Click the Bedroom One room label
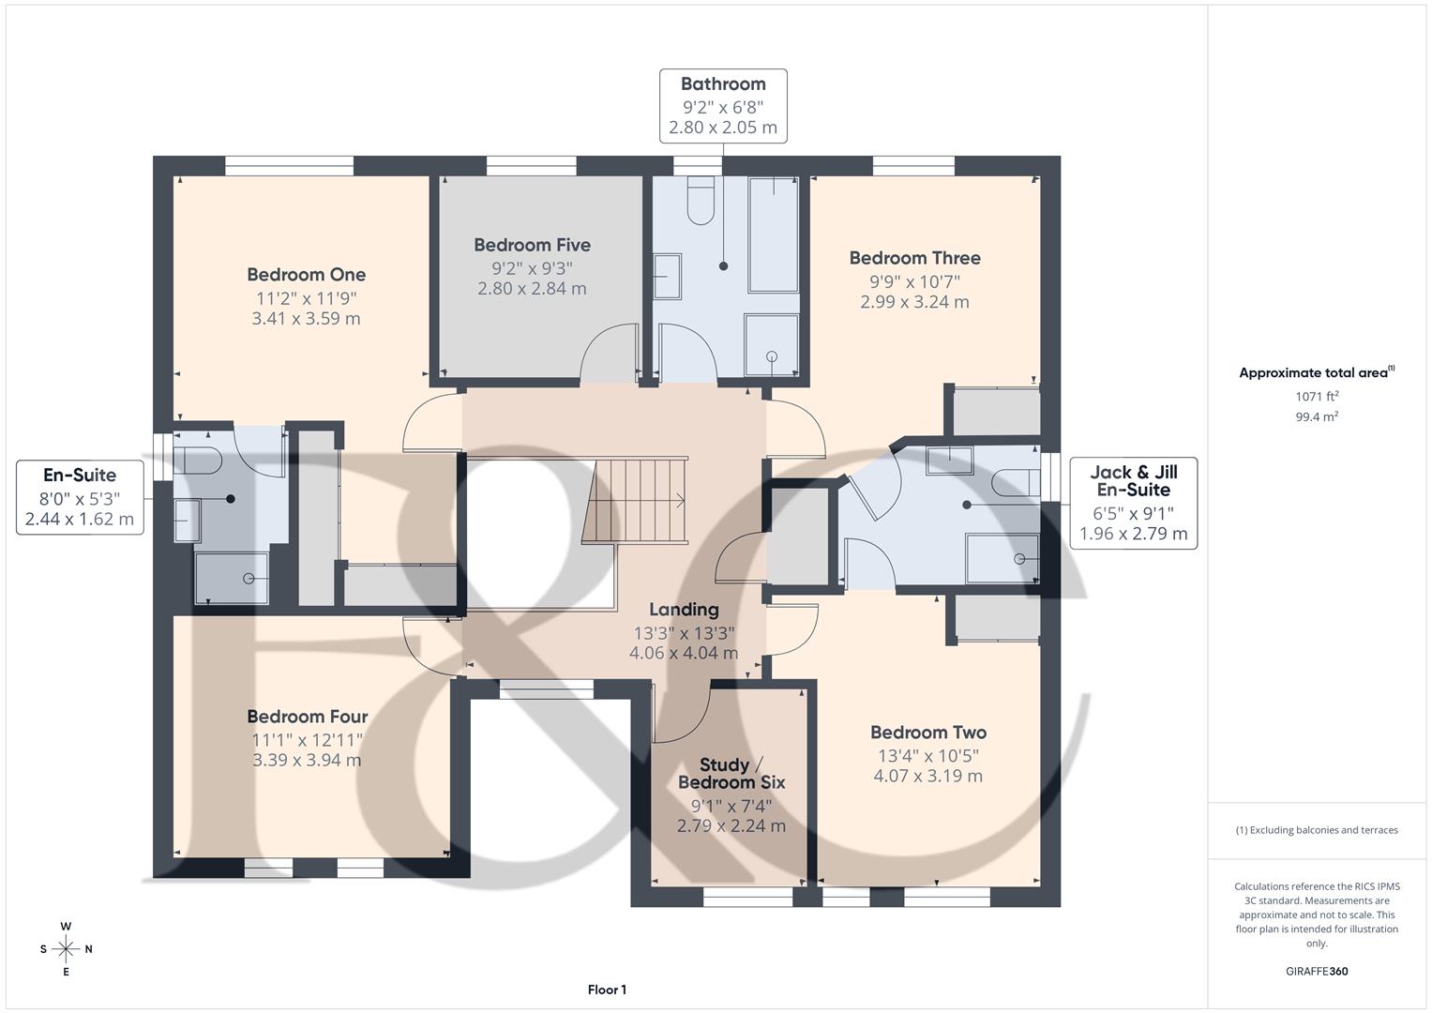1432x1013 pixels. pyautogui.click(x=306, y=275)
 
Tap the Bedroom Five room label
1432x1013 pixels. pyautogui.click(x=532, y=245)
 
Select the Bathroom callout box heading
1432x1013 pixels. pyautogui.click(x=722, y=84)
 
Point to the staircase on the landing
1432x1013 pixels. pyautogui.click(x=635, y=500)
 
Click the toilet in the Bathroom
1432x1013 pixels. pyautogui.click(x=701, y=201)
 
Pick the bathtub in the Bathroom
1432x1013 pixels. pyautogui.click(x=774, y=234)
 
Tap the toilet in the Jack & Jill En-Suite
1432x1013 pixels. pyautogui.click(x=1016, y=481)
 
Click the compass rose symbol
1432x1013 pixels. pyautogui.click(x=66, y=949)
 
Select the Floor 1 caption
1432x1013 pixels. pyautogui.click(x=607, y=990)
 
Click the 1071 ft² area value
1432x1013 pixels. pyautogui.click(x=1317, y=397)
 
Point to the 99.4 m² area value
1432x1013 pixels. pyautogui.click(x=1317, y=416)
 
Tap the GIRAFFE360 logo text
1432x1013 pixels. pyautogui.click(x=1316, y=971)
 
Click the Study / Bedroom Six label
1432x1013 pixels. pyautogui.click(x=731, y=774)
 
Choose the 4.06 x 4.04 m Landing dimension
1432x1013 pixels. pyautogui.click(x=684, y=653)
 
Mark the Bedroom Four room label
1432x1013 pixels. pyautogui.click(x=307, y=717)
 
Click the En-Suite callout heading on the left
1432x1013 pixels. pyautogui.click(x=80, y=475)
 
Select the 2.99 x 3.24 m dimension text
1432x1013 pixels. pyautogui.click(x=914, y=302)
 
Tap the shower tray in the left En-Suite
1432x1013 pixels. pyautogui.click(x=232, y=578)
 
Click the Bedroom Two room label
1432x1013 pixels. pyautogui.click(x=927, y=733)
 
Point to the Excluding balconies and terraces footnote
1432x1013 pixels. pyautogui.click(x=1317, y=830)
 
